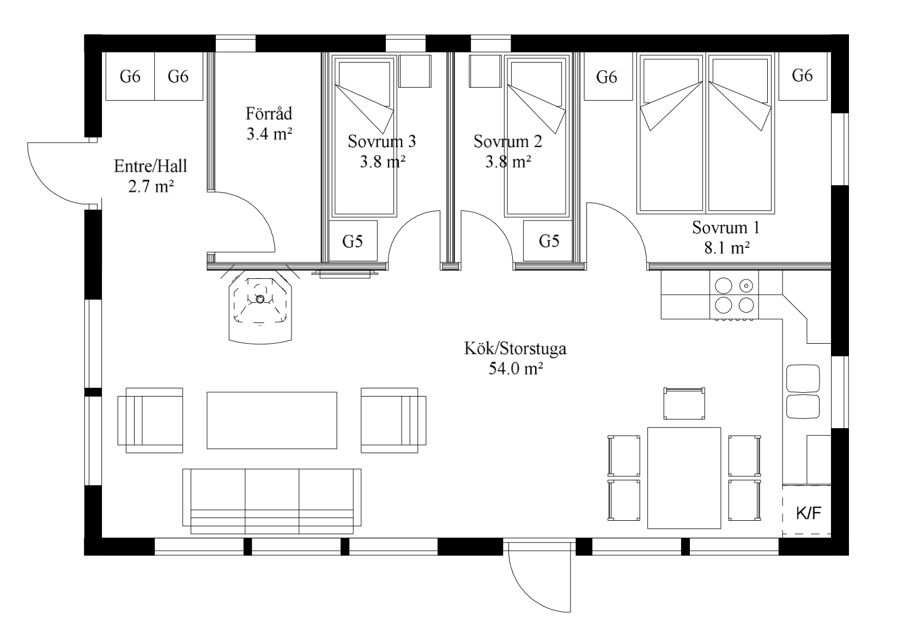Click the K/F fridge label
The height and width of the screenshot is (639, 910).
click(809, 514)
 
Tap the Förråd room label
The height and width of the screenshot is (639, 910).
click(269, 114)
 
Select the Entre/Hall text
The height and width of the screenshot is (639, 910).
click(150, 166)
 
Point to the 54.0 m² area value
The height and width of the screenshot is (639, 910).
click(515, 368)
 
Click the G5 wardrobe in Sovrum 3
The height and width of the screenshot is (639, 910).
click(353, 241)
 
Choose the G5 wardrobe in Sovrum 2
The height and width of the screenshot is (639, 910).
click(548, 241)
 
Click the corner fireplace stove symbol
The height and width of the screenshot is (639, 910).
click(260, 307)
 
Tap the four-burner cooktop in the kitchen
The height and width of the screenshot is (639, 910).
click(734, 295)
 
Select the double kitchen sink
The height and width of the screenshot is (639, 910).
click(803, 392)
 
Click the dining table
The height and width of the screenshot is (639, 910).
click(684, 478)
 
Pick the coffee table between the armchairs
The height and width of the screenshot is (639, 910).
click(272, 421)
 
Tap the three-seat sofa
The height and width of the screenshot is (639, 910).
click(272, 501)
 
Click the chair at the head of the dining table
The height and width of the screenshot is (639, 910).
click(684, 403)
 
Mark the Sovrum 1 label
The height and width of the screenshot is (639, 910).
click(726, 228)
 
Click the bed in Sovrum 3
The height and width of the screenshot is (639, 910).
click(364, 136)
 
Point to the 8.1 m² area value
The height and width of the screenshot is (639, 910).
click(727, 248)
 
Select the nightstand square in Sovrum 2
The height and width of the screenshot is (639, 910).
click(485, 71)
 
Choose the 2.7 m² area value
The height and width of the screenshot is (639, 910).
click(151, 186)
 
